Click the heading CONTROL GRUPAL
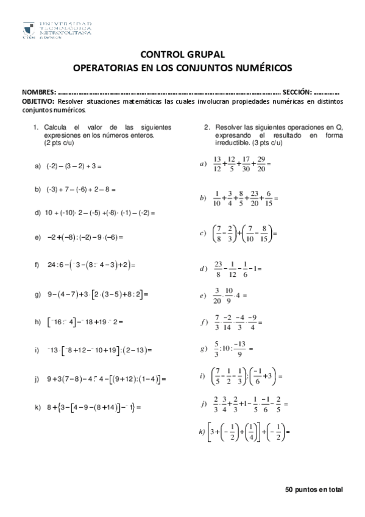[182, 54]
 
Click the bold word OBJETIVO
[38, 101]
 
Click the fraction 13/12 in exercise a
[217, 164]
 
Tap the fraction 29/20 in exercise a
[261, 164]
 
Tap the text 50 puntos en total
[314, 490]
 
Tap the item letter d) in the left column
[38, 213]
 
